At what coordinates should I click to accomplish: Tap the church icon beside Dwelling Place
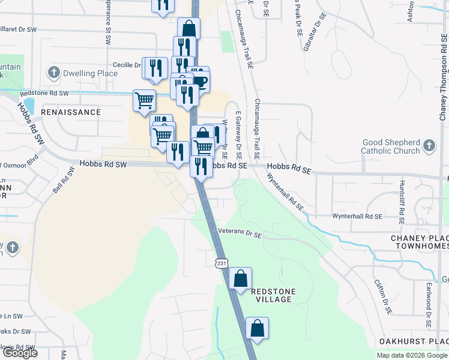[53, 73]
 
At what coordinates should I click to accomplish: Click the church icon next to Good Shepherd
[429, 145]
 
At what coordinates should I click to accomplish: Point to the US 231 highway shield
[221, 263]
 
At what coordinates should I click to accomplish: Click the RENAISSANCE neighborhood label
[76, 112]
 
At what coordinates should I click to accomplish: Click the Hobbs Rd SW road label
[104, 163]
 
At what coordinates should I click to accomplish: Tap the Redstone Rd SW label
[44, 94]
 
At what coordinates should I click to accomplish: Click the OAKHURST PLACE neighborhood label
[414, 341]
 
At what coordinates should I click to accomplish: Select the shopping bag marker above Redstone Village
[240, 278]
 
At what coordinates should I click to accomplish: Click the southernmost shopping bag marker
[257, 328]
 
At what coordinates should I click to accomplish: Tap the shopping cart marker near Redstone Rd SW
[144, 100]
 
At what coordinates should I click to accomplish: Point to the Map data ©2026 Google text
[411, 355]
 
